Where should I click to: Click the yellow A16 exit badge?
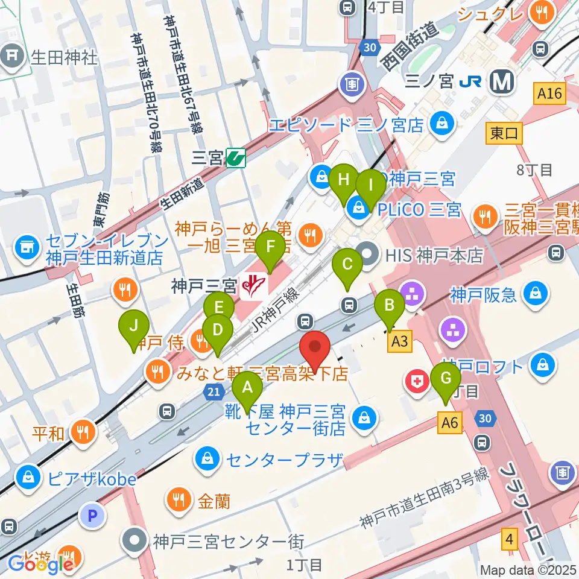click(x=549, y=93)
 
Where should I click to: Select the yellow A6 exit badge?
click(x=450, y=423)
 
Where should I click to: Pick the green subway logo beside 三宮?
click(x=235, y=159)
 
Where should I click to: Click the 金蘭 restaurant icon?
click(x=179, y=499)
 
